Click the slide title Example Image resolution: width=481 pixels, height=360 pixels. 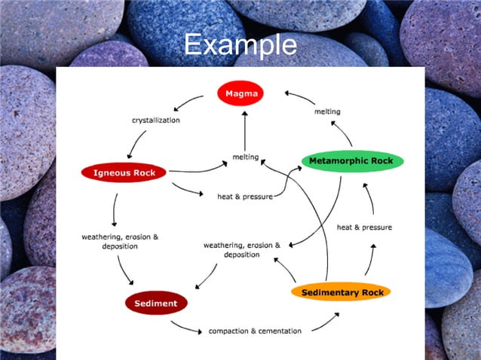(x=240, y=44)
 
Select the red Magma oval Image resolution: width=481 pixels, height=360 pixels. (x=240, y=94)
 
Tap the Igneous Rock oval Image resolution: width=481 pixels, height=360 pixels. (x=124, y=172)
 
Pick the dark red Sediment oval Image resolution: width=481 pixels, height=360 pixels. (x=156, y=304)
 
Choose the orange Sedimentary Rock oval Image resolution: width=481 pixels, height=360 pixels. (x=342, y=292)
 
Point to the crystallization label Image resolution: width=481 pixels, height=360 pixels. (x=155, y=120)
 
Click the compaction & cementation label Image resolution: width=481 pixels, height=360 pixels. (x=255, y=331)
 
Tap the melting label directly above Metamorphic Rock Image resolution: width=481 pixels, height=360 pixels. (x=327, y=111)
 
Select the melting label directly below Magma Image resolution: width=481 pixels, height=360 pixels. (x=246, y=157)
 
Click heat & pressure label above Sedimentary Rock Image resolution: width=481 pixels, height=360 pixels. (x=363, y=227)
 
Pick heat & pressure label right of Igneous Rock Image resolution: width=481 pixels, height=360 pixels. (x=244, y=196)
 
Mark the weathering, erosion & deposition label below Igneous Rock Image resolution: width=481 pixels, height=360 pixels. (x=120, y=242)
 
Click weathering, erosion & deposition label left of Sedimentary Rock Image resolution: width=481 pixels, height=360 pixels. (x=241, y=250)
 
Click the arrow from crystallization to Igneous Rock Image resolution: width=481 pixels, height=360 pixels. (x=136, y=143)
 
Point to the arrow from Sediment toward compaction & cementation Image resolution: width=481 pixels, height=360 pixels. (x=185, y=326)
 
